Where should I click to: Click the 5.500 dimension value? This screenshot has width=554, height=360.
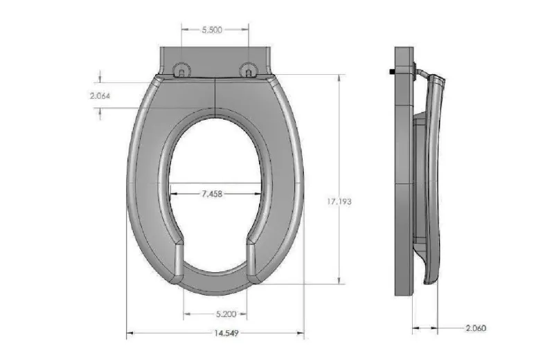point(213,30)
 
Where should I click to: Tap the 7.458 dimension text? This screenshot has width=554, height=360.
point(212,195)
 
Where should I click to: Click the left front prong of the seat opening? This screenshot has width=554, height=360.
point(179,260)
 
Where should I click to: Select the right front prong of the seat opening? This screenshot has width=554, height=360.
point(251,260)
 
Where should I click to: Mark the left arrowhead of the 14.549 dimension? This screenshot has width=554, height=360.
point(129,335)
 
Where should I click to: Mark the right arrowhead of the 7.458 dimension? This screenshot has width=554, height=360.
point(260,195)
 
